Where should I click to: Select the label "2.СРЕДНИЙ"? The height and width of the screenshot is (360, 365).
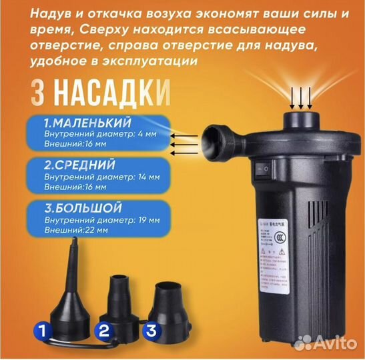[79, 164]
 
